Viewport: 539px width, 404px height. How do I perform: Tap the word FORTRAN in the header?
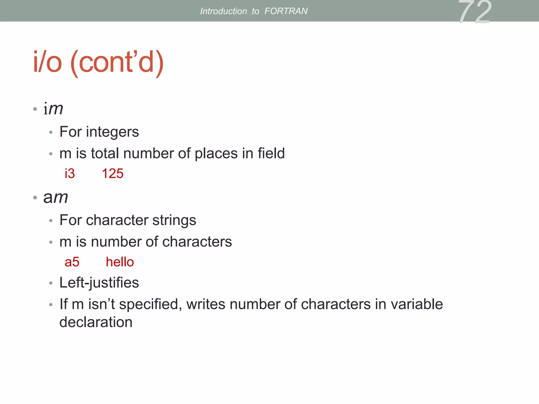286,11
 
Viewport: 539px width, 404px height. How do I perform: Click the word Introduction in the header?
223,11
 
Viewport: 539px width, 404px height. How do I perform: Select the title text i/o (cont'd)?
98,62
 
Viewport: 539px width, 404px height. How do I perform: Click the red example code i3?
70,174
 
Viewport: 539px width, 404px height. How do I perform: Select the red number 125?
113,174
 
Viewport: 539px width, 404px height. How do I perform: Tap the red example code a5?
72,262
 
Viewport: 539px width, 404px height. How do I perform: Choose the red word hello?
120,262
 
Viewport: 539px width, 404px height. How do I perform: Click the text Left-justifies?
99,283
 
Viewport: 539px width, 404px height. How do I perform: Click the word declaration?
96,322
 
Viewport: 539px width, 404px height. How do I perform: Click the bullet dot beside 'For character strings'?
51,221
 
